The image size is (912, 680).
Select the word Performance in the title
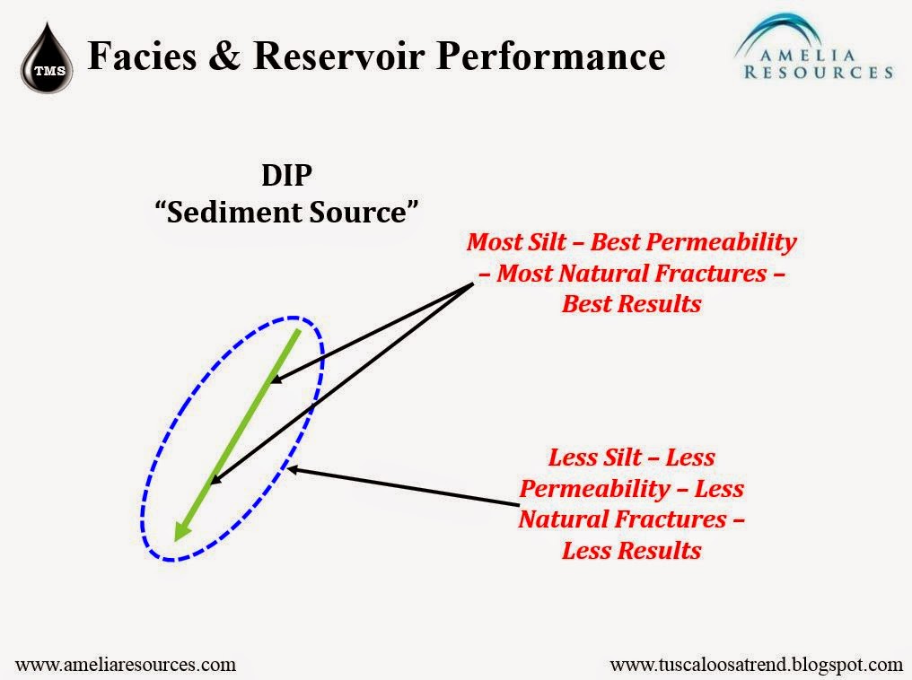(551, 57)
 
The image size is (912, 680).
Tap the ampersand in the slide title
(224, 57)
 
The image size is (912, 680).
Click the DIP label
(286, 175)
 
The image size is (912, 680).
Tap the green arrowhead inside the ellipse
(183, 530)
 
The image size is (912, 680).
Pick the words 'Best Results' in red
(632, 304)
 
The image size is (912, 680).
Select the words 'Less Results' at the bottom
(632, 551)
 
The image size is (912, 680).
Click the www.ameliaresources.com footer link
(126, 665)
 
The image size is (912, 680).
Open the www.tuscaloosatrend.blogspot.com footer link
(756, 665)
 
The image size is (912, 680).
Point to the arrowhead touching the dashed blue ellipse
(293, 468)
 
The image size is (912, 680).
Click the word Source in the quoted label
(358, 212)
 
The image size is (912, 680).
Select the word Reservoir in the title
(339, 57)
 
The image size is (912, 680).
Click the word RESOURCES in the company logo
(819, 73)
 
